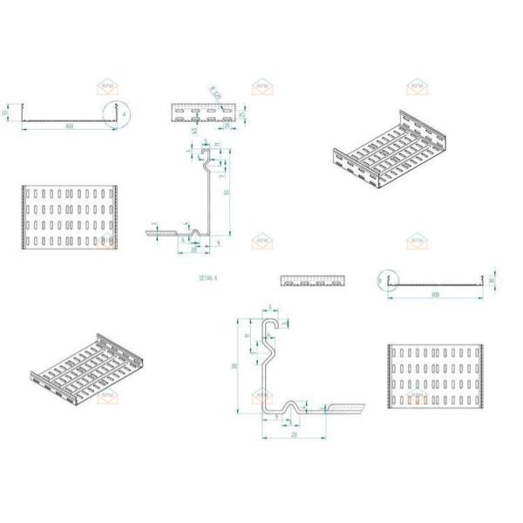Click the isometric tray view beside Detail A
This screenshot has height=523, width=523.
tap(390, 153)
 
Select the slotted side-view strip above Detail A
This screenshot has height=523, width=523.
tap(204, 112)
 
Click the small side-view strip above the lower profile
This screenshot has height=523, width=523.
tap(312, 281)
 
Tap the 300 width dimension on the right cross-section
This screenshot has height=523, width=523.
tap(434, 295)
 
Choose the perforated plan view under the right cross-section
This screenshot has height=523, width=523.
tap(433, 376)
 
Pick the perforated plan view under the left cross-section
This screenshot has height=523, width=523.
tap(67, 217)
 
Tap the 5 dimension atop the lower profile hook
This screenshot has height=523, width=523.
tap(270, 308)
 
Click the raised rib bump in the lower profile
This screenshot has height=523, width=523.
tap(290, 405)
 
